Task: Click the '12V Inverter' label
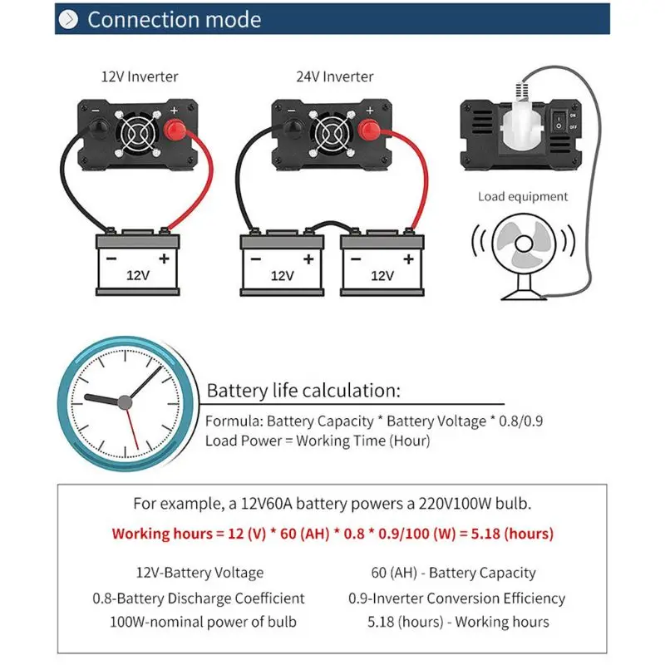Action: point(139,76)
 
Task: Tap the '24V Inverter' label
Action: point(335,76)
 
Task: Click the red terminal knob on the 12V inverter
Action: point(175,131)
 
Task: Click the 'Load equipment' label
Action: point(522,197)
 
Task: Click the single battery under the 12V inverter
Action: point(139,264)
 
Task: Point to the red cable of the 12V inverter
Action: point(199,191)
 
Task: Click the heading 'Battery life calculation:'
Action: point(303,391)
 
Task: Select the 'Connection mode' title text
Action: point(174,19)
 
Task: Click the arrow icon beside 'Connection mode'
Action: point(70,19)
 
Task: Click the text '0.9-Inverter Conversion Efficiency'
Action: point(456,598)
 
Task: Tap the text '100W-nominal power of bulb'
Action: point(203,622)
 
